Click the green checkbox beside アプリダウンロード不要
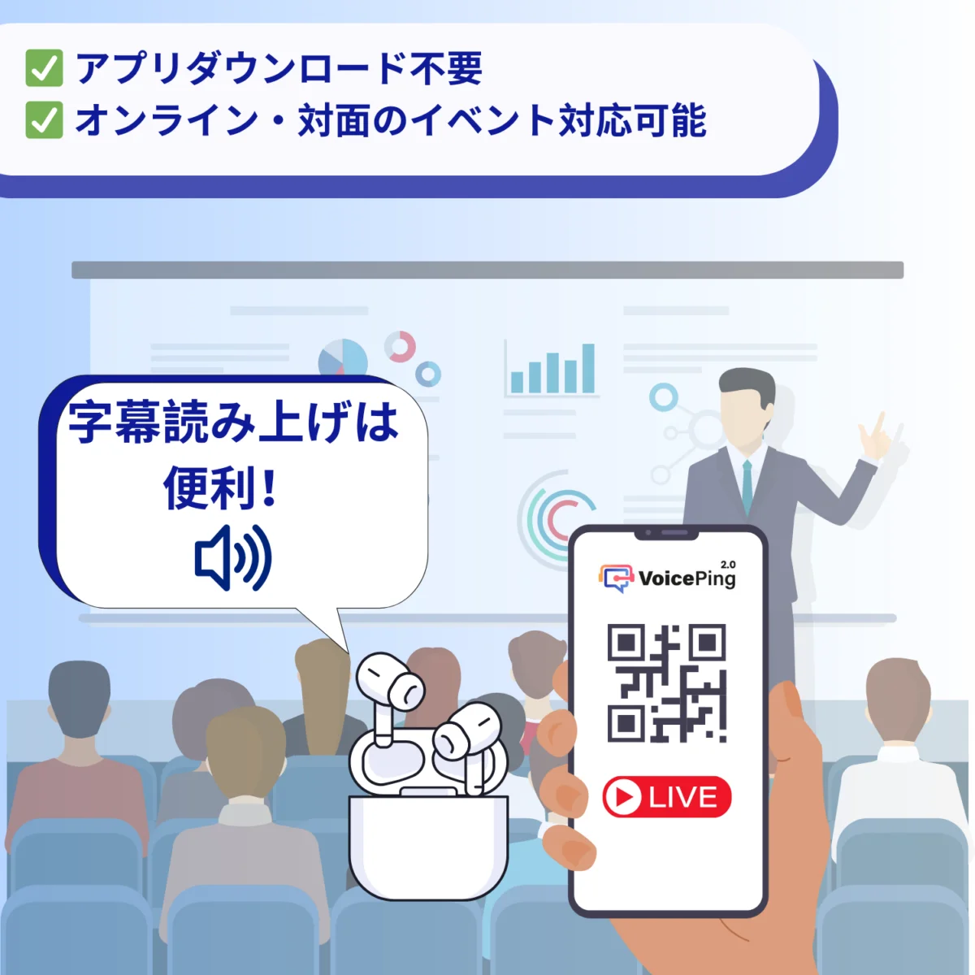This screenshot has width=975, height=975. pyautogui.click(x=44, y=68)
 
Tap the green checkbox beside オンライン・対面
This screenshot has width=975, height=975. pyautogui.click(x=44, y=120)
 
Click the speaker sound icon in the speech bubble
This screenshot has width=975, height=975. pyautogui.click(x=233, y=557)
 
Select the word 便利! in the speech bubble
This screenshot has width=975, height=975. pyautogui.click(x=221, y=488)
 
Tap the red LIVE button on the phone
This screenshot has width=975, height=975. pyautogui.click(x=667, y=797)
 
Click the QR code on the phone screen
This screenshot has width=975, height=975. pyautogui.click(x=666, y=683)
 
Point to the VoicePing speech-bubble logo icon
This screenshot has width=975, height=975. pyautogui.click(x=616, y=578)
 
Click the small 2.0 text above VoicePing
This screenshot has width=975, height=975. pyautogui.click(x=728, y=564)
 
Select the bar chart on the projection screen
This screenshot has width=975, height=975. pyautogui.click(x=552, y=370)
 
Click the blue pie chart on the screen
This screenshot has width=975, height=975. pyautogui.click(x=343, y=357)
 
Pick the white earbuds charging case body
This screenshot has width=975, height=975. pyautogui.click(x=428, y=845)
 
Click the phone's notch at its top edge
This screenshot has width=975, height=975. pyautogui.click(x=667, y=534)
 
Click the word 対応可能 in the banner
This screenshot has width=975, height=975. pyautogui.click(x=632, y=120)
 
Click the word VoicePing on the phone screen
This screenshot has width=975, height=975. pyautogui.click(x=687, y=578)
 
